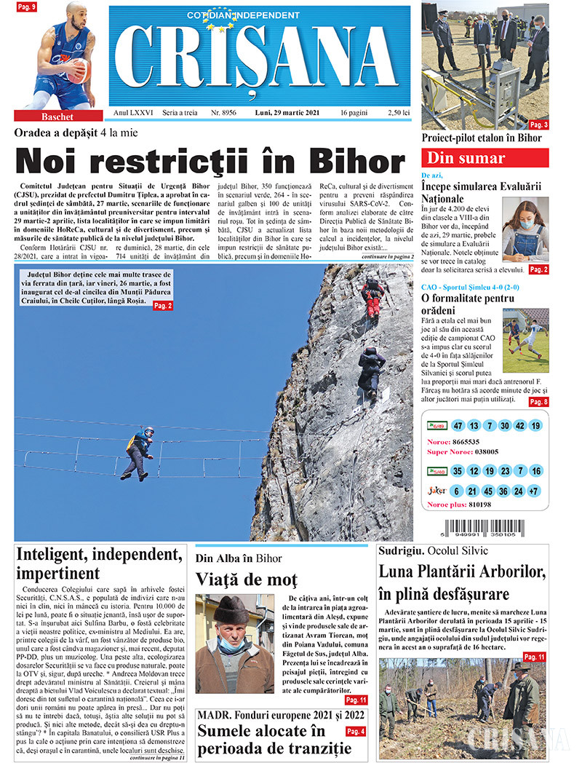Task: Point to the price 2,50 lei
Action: click(399, 114)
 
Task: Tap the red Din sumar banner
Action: click(485, 158)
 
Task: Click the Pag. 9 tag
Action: click(28, 7)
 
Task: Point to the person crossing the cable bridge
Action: click(139, 452)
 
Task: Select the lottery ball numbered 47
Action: click(458, 426)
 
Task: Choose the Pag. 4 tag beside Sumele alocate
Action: click(356, 731)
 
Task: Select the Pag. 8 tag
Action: click(538, 402)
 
